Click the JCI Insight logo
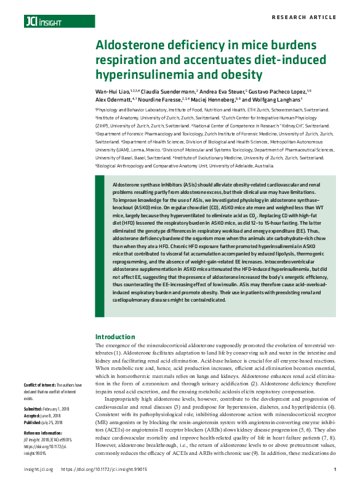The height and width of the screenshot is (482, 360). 44,22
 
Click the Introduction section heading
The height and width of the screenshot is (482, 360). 115,337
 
